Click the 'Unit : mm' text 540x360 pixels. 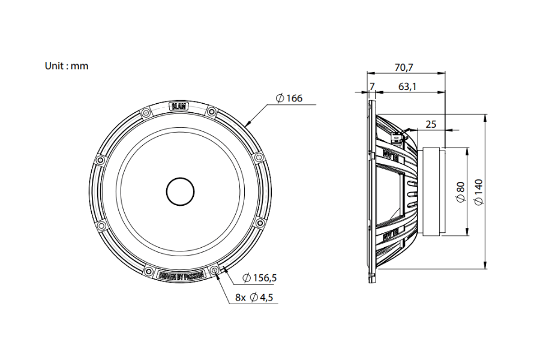coord(66,66)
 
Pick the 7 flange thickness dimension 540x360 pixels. coord(371,87)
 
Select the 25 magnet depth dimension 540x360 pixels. coord(431,124)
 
